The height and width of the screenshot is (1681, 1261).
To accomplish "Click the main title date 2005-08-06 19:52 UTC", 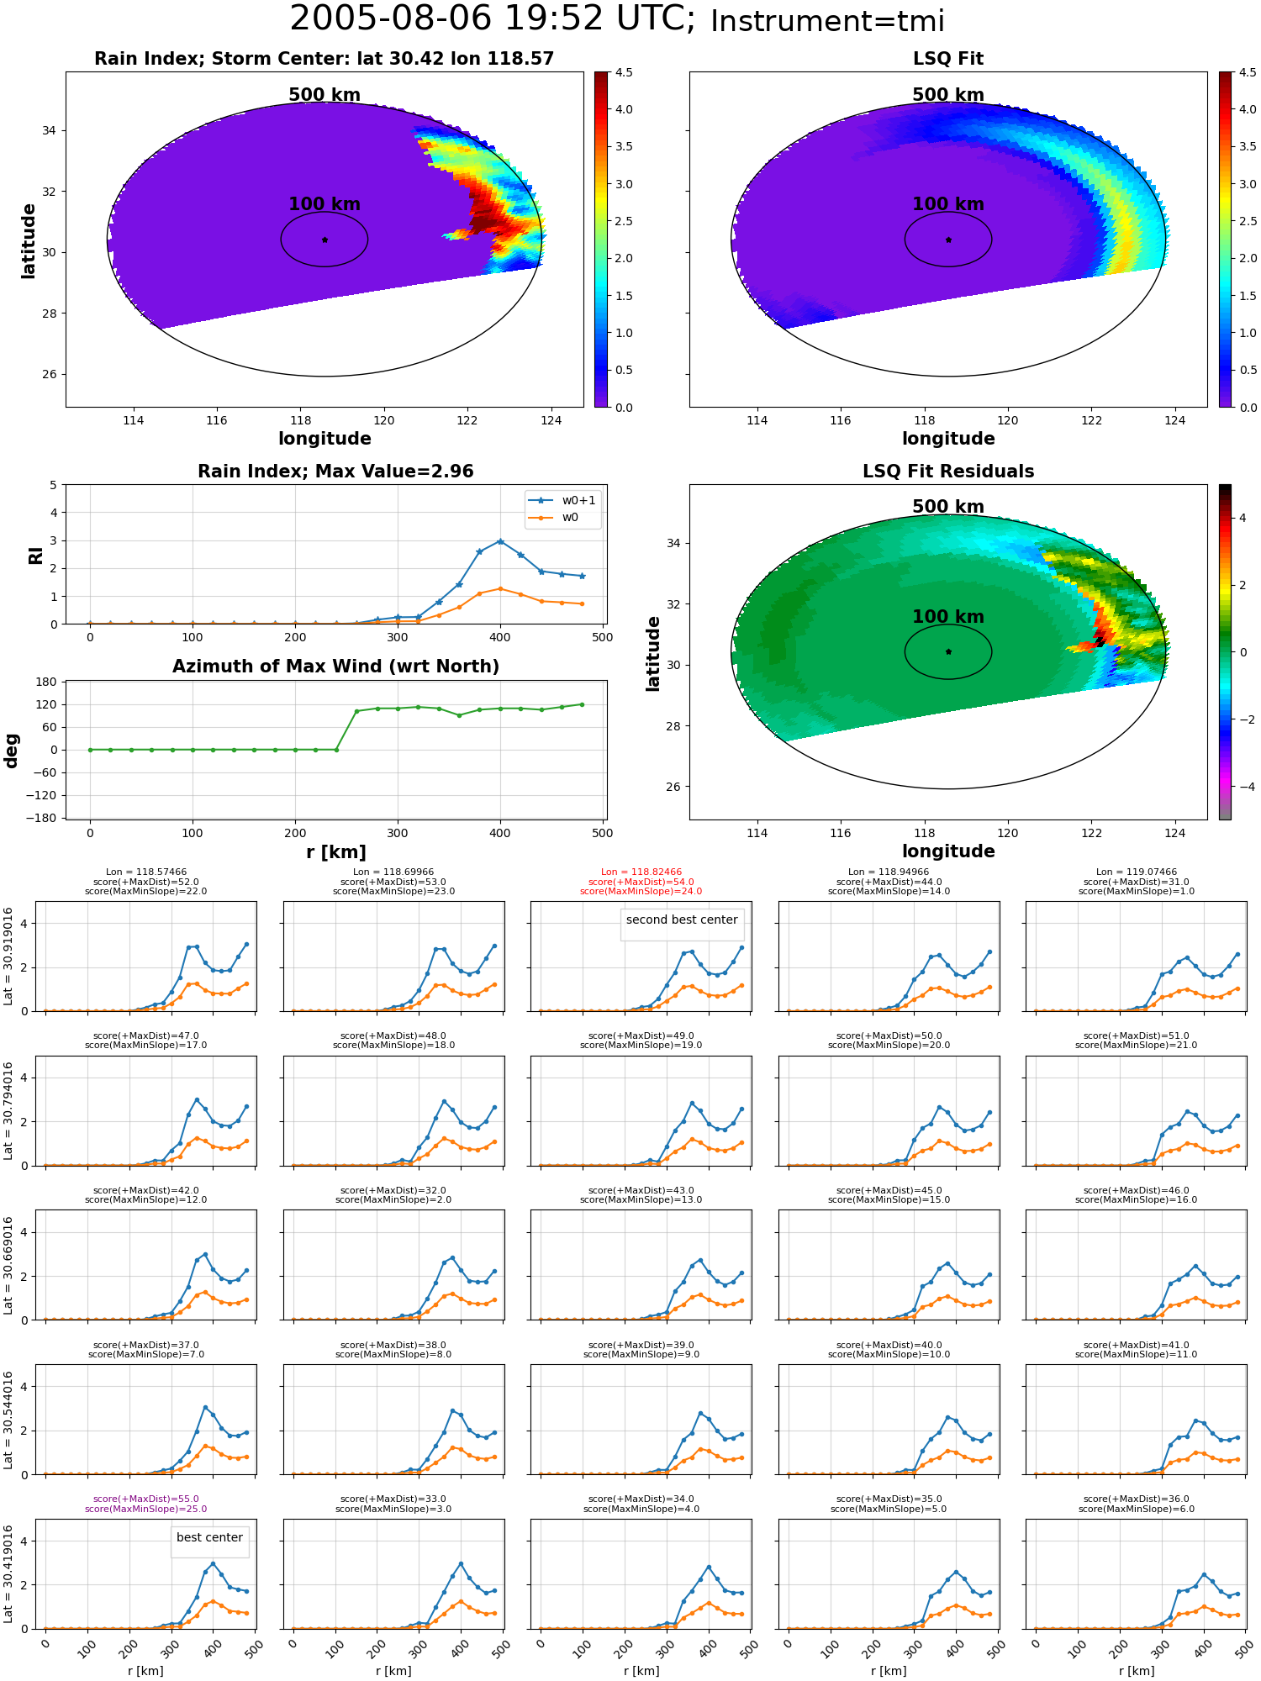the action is tap(493, 19).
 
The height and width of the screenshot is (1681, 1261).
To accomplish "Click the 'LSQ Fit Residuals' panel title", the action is tap(948, 472).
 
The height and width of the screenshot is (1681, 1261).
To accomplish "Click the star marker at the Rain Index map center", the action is tap(324, 240).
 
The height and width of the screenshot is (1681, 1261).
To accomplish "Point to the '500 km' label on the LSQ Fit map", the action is tap(948, 95).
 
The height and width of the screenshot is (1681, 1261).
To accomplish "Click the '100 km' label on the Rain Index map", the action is tap(324, 204).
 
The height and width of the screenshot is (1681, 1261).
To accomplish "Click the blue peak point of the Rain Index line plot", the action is tap(500, 541).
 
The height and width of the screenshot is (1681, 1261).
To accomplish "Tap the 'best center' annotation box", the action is tap(209, 1537).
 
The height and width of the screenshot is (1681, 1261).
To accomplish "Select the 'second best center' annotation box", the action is tap(682, 920).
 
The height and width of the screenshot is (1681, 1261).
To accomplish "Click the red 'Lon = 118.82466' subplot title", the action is tap(641, 872).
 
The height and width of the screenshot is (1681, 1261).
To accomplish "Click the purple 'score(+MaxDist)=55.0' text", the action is tap(146, 1499).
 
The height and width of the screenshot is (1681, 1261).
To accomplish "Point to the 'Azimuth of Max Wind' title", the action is tap(336, 667).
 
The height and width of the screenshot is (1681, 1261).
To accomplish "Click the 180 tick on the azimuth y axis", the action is tap(47, 682).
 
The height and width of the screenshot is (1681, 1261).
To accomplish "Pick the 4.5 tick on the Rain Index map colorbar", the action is tap(624, 72).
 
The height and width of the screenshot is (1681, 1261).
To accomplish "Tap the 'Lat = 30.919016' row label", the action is tap(8, 956).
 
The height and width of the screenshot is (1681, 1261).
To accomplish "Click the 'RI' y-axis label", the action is tap(35, 555).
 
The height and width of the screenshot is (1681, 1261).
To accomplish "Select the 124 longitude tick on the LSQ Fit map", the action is tap(1174, 420).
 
